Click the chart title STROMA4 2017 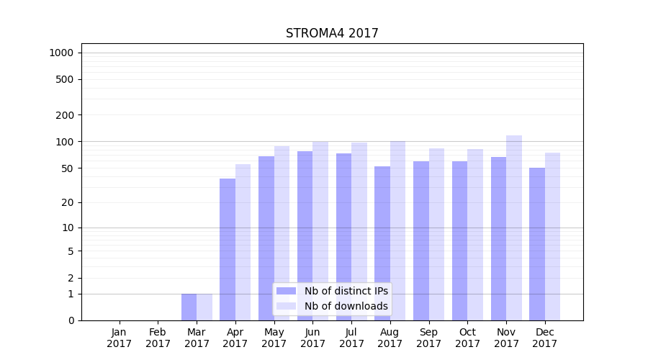pyautogui.click(x=332, y=33)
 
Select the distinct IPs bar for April pyautogui.click(x=228, y=249)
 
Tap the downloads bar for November pyautogui.click(x=514, y=228)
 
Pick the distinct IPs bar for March pyautogui.click(x=189, y=307)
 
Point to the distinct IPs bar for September pyautogui.click(x=421, y=240)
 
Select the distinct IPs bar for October pyautogui.click(x=459, y=240)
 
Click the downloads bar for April pyautogui.click(x=243, y=242)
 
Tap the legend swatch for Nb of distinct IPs pyautogui.click(x=286, y=291)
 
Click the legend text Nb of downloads pyautogui.click(x=346, y=306)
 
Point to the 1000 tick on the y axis pyautogui.click(x=61, y=53)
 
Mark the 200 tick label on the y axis pyautogui.click(x=65, y=115)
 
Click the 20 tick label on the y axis pyautogui.click(x=68, y=202)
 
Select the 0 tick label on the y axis pyautogui.click(x=71, y=320)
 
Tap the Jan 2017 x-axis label pyautogui.click(x=120, y=338)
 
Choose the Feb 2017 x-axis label pyautogui.click(x=158, y=338)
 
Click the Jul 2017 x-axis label pyautogui.click(x=351, y=338)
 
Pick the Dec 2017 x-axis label pyautogui.click(x=545, y=338)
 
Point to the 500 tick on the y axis pyautogui.click(x=65, y=79)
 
